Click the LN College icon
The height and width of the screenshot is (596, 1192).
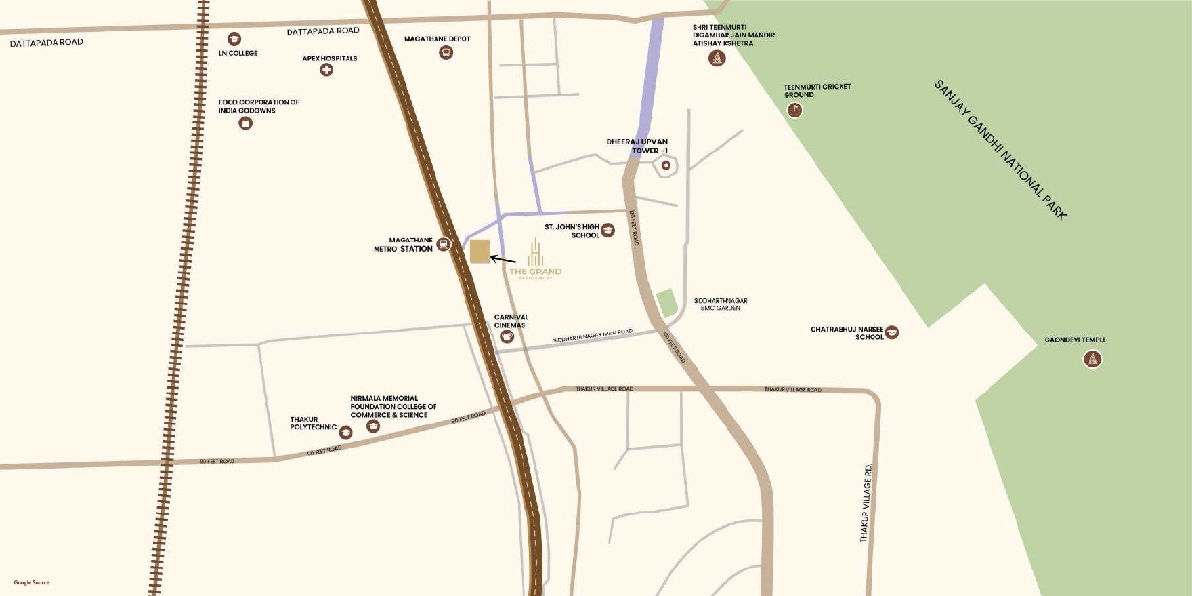[234, 39]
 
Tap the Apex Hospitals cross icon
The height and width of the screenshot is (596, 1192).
[326, 70]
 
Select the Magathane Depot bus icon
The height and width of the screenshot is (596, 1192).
[446, 52]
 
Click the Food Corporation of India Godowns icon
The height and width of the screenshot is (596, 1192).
[246, 123]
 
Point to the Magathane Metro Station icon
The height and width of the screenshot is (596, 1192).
[444, 244]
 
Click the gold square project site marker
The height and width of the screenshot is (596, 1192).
[480, 252]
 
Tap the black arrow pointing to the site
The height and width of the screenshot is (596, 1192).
[503, 259]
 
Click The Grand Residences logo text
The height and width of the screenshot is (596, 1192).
[535, 272]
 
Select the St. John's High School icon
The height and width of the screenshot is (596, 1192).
[608, 231]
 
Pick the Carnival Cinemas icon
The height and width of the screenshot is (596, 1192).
[507, 336]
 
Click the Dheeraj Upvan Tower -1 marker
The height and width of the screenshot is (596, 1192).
[666, 165]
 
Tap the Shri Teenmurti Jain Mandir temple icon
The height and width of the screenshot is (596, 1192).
[717, 58]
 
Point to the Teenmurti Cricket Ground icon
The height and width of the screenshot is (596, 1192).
[794, 110]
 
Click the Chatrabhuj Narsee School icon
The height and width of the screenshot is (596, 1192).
[892, 332]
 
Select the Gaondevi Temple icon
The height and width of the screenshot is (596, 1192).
[1092, 359]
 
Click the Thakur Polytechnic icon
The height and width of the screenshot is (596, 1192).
[345, 433]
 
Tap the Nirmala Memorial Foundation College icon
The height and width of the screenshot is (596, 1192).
[372, 426]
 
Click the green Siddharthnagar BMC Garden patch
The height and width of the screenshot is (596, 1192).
[667, 302]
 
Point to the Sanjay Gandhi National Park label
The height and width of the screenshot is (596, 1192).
[1000, 151]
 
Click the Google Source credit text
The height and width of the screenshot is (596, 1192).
[32, 582]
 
